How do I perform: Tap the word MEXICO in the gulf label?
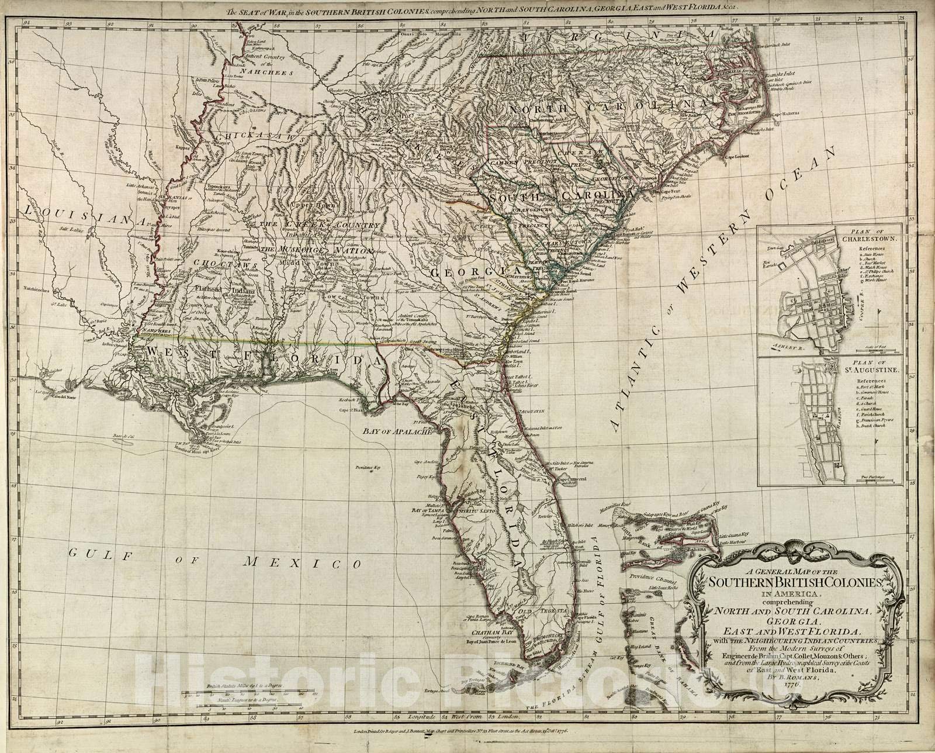tap(301, 563)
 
